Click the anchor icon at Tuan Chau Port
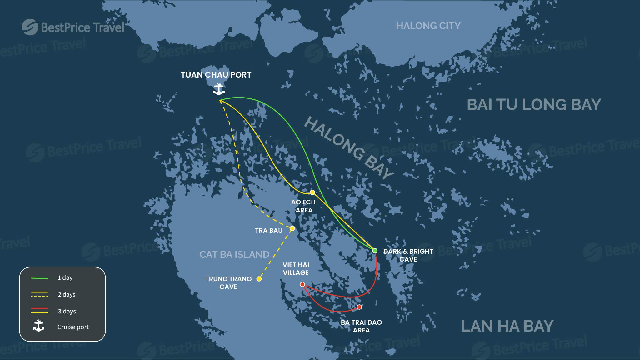(x=219, y=89)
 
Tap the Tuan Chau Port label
(x=216, y=75)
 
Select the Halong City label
(x=428, y=26)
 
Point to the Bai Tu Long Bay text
(x=534, y=105)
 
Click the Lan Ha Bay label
(x=507, y=326)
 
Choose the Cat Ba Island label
(x=234, y=255)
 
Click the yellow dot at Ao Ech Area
(x=312, y=192)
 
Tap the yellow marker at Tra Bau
(x=292, y=228)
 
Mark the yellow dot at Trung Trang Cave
(x=259, y=279)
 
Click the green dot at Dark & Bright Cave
(x=375, y=251)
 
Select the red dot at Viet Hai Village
(x=302, y=284)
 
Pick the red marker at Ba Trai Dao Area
(x=359, y=307)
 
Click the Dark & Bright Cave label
(x=408, y=255)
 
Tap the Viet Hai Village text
(x=296, y=269)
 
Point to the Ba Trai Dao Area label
(x=361, y=326)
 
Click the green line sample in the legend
(x=39, y=278)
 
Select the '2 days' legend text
(x=67, y=295)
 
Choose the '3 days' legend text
(x=67, y=312)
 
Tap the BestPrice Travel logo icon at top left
(x=30, y=27)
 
